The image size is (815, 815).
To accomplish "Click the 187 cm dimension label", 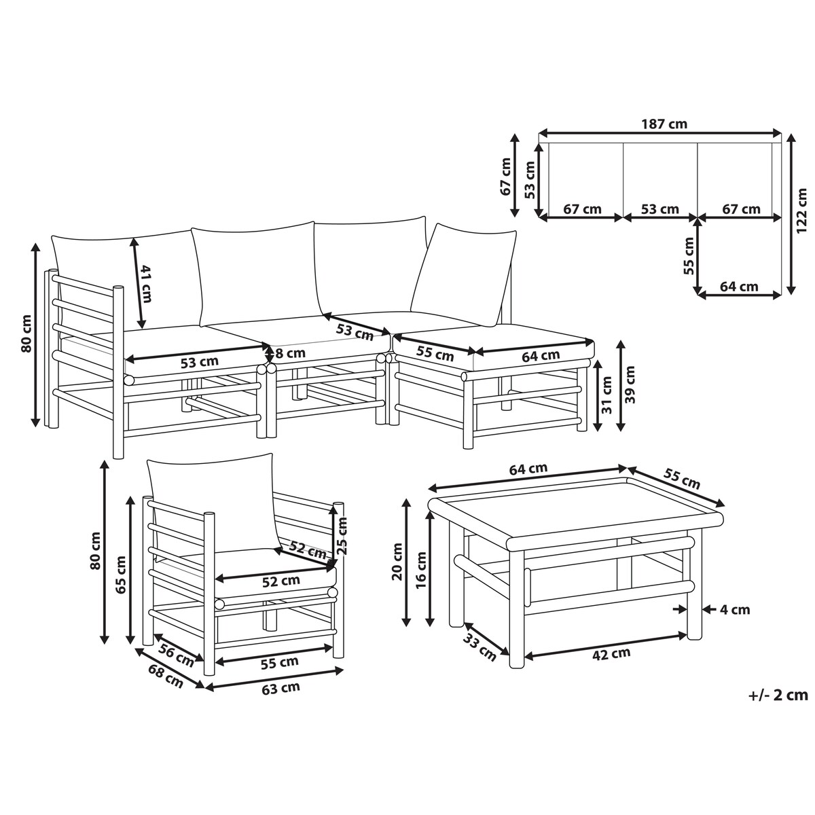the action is pyautogui.click(x=664, y=124).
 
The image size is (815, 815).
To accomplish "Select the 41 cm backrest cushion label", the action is pyautogui.click(x=145, y=283).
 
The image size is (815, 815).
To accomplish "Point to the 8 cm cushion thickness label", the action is pyautogui.click(x=290, y=352).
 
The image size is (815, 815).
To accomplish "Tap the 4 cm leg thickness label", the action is pyautogui.click(x=735, y=609).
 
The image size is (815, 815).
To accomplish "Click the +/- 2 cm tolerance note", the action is pyautogui.click(x=778, y=695).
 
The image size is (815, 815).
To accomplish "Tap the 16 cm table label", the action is pyautogui.click(x=421, y=570).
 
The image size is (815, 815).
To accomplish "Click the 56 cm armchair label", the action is pyautogui.click(x=176, y=656).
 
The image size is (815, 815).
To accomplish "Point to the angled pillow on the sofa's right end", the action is pyautogui.click(x=464, y=275).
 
